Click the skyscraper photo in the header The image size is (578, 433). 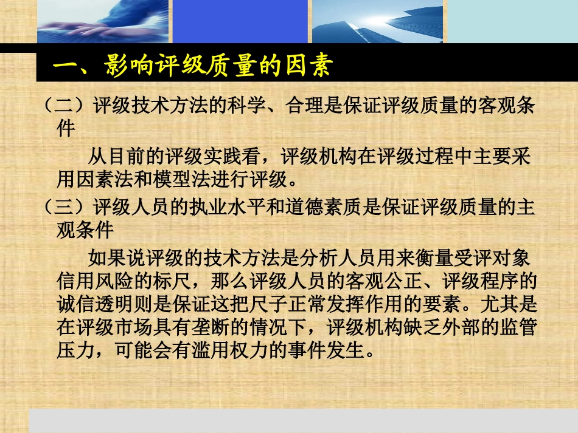click(377, 21)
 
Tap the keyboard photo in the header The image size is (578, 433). click(103, 21)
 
